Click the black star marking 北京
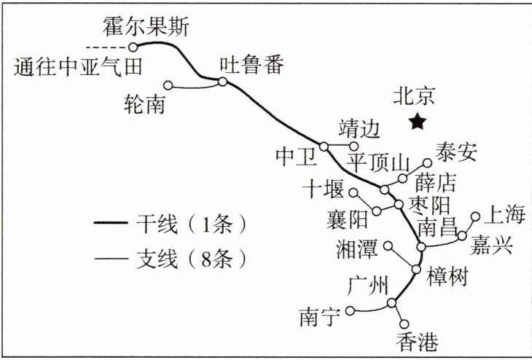tap(417, 122)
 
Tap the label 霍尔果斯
tap(146, 28)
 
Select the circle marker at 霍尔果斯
tap(133, 47)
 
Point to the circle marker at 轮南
tap(168, 85)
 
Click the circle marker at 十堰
tap(353, 193)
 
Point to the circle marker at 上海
tap(476, 216)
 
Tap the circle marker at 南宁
tap(350, 310)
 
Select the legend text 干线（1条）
tap(187, 223)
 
